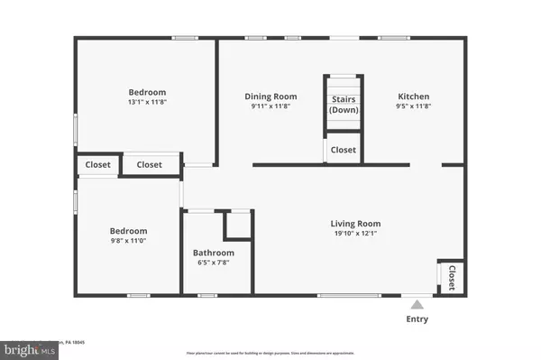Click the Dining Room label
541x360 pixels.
(271, 97)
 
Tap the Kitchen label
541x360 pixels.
(414, 97)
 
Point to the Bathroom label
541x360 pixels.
(215, 253)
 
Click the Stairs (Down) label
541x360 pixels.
(343, 104)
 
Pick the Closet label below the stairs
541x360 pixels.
(343, 150)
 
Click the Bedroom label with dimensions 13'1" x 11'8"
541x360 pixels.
(146, 92)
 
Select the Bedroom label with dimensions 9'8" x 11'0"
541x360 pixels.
(128, 231)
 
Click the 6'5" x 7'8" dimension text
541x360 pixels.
(215, 263)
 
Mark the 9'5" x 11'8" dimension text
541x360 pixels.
(414, 108)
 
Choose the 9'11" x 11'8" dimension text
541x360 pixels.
(271, 108)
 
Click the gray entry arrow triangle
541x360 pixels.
(416, 303)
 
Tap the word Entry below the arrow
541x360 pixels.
(417, 319)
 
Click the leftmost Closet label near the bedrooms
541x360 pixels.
(98, 164)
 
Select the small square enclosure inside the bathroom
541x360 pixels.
(239, 223)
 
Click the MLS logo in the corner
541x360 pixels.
(27, 346)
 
